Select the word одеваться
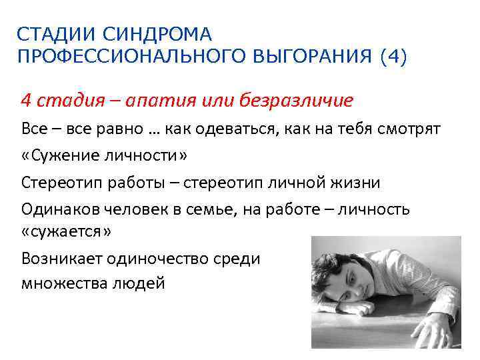click(x=224, y=128)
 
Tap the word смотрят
click(x=408, y=128)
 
